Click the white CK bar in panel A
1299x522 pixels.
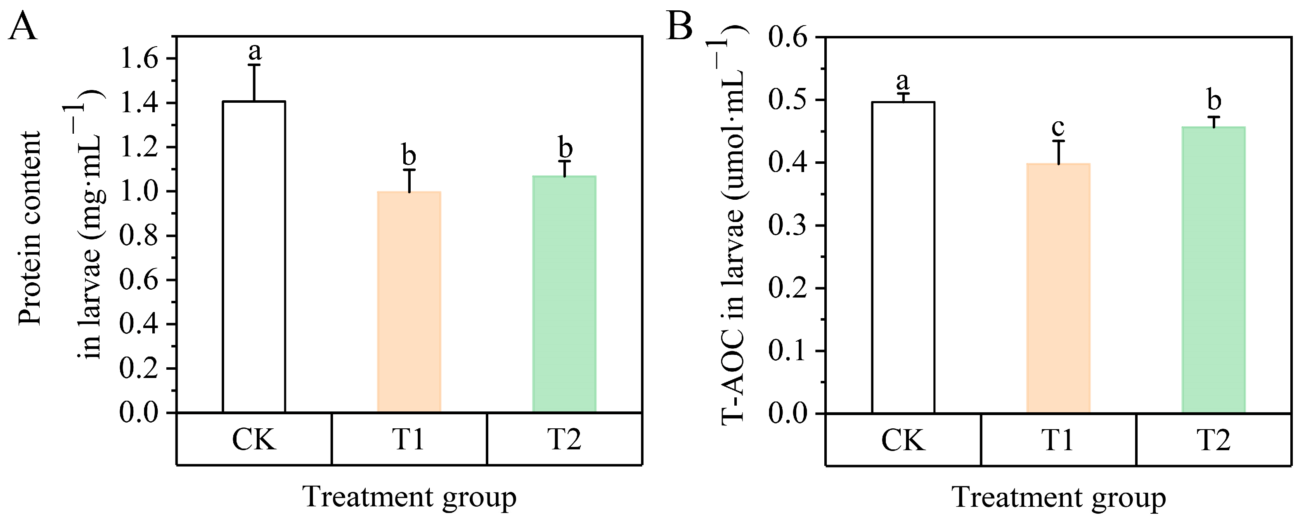pos(254,257)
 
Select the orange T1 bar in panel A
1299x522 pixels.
pos(409,302)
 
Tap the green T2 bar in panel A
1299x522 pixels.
pos(564,295)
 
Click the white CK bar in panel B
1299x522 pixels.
pos(903,257)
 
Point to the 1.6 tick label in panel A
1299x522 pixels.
pos(139,59)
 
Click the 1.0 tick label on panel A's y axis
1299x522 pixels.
pos(139,191)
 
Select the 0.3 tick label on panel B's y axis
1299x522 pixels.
pos(788,225)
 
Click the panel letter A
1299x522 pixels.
pos(23,26)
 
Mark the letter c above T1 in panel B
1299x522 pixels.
pos(1058,127)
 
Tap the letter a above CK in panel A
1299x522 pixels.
pos(255,51)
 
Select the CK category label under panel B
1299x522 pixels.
pos(903,440)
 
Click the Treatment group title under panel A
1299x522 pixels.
pos(409,497)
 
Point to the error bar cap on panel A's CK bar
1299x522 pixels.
pos(254,64)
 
